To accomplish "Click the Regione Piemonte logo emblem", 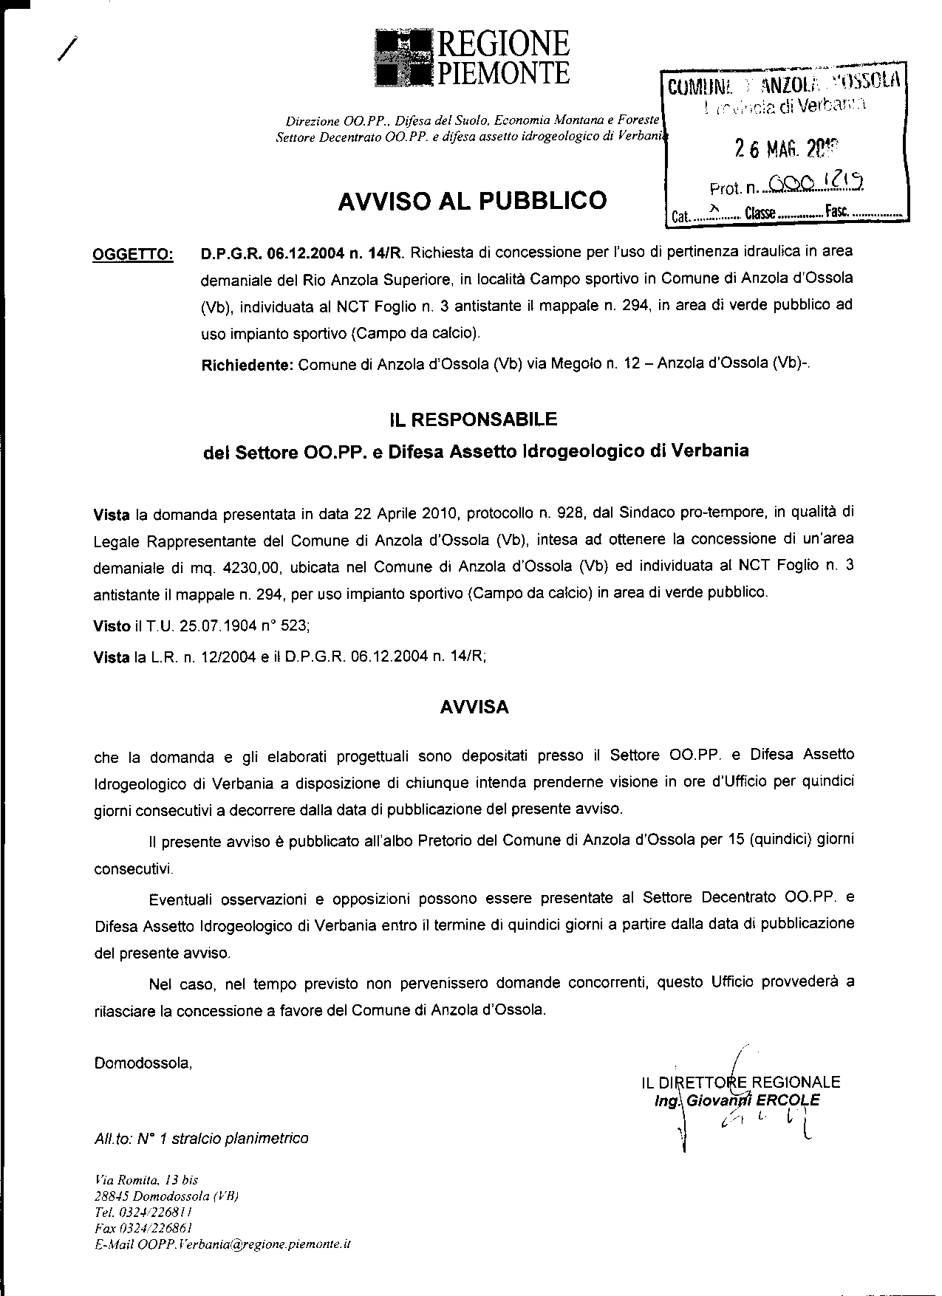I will coord(403,58).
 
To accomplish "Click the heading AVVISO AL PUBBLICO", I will coord(472,201).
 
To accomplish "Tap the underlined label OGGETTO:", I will coord(132,256).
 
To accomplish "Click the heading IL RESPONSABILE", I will coord(473,420).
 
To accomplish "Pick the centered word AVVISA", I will coord(474,707).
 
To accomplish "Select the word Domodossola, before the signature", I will coord(143,1064).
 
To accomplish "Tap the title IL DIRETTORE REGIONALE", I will coord(741,1083).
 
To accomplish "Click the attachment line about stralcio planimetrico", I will coord(201,1139).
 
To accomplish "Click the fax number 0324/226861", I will coord(143,1228).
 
